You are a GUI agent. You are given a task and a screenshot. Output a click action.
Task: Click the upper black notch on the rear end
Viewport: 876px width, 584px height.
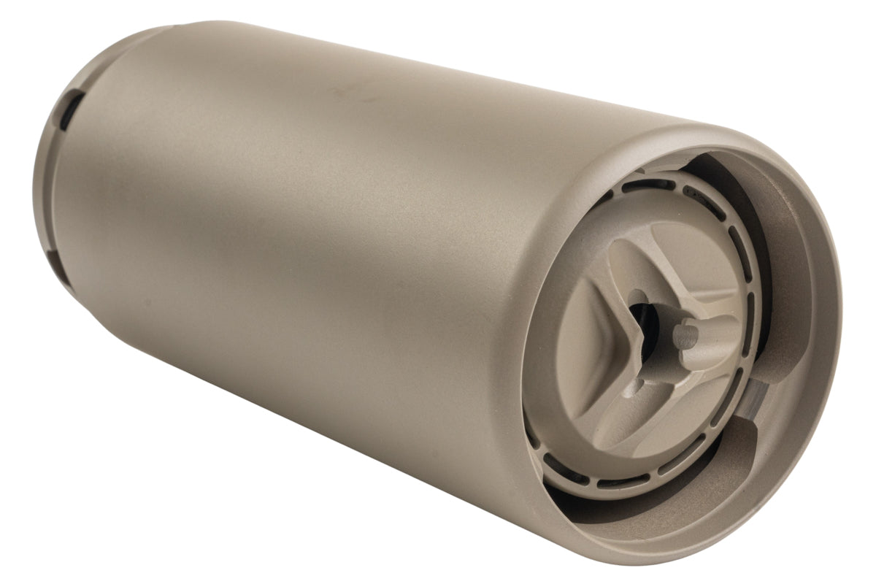pos(66,113)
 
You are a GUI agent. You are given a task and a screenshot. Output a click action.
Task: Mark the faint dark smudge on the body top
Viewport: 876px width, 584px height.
pos(343,92)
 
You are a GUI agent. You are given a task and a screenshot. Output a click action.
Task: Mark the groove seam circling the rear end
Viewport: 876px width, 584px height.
pos(53,182)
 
